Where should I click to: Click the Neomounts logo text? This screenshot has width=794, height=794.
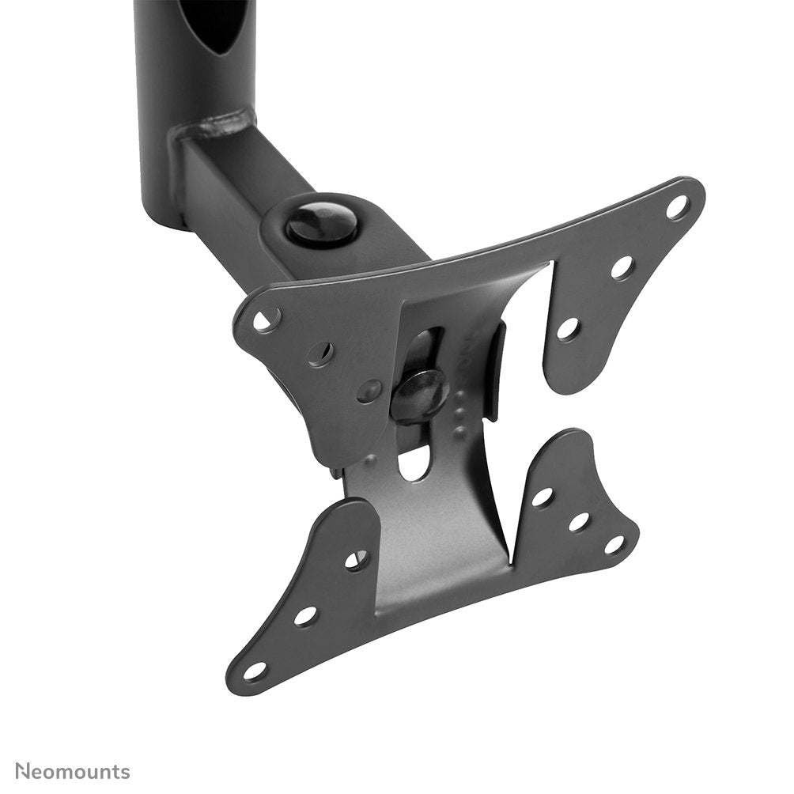coord(73,771)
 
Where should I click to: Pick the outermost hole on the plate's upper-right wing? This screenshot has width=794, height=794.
coord(677,207)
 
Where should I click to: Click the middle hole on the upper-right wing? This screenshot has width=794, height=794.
coord(622,267)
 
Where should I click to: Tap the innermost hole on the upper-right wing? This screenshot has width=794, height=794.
coord(568,328)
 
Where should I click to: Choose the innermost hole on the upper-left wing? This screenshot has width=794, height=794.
coord(369,390)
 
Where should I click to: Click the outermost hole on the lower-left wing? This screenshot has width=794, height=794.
coord(255,671)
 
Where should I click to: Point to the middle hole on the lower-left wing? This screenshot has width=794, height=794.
coord(305,615)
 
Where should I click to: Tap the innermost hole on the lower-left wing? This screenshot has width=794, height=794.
coord(356,560)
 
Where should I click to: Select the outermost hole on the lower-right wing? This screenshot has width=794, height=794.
coord(614,545)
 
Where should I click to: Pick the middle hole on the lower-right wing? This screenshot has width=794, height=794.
coord(579,522)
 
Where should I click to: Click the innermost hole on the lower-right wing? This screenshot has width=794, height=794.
coord(542,497)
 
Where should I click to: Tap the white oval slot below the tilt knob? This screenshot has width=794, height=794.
coord(413,463)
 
